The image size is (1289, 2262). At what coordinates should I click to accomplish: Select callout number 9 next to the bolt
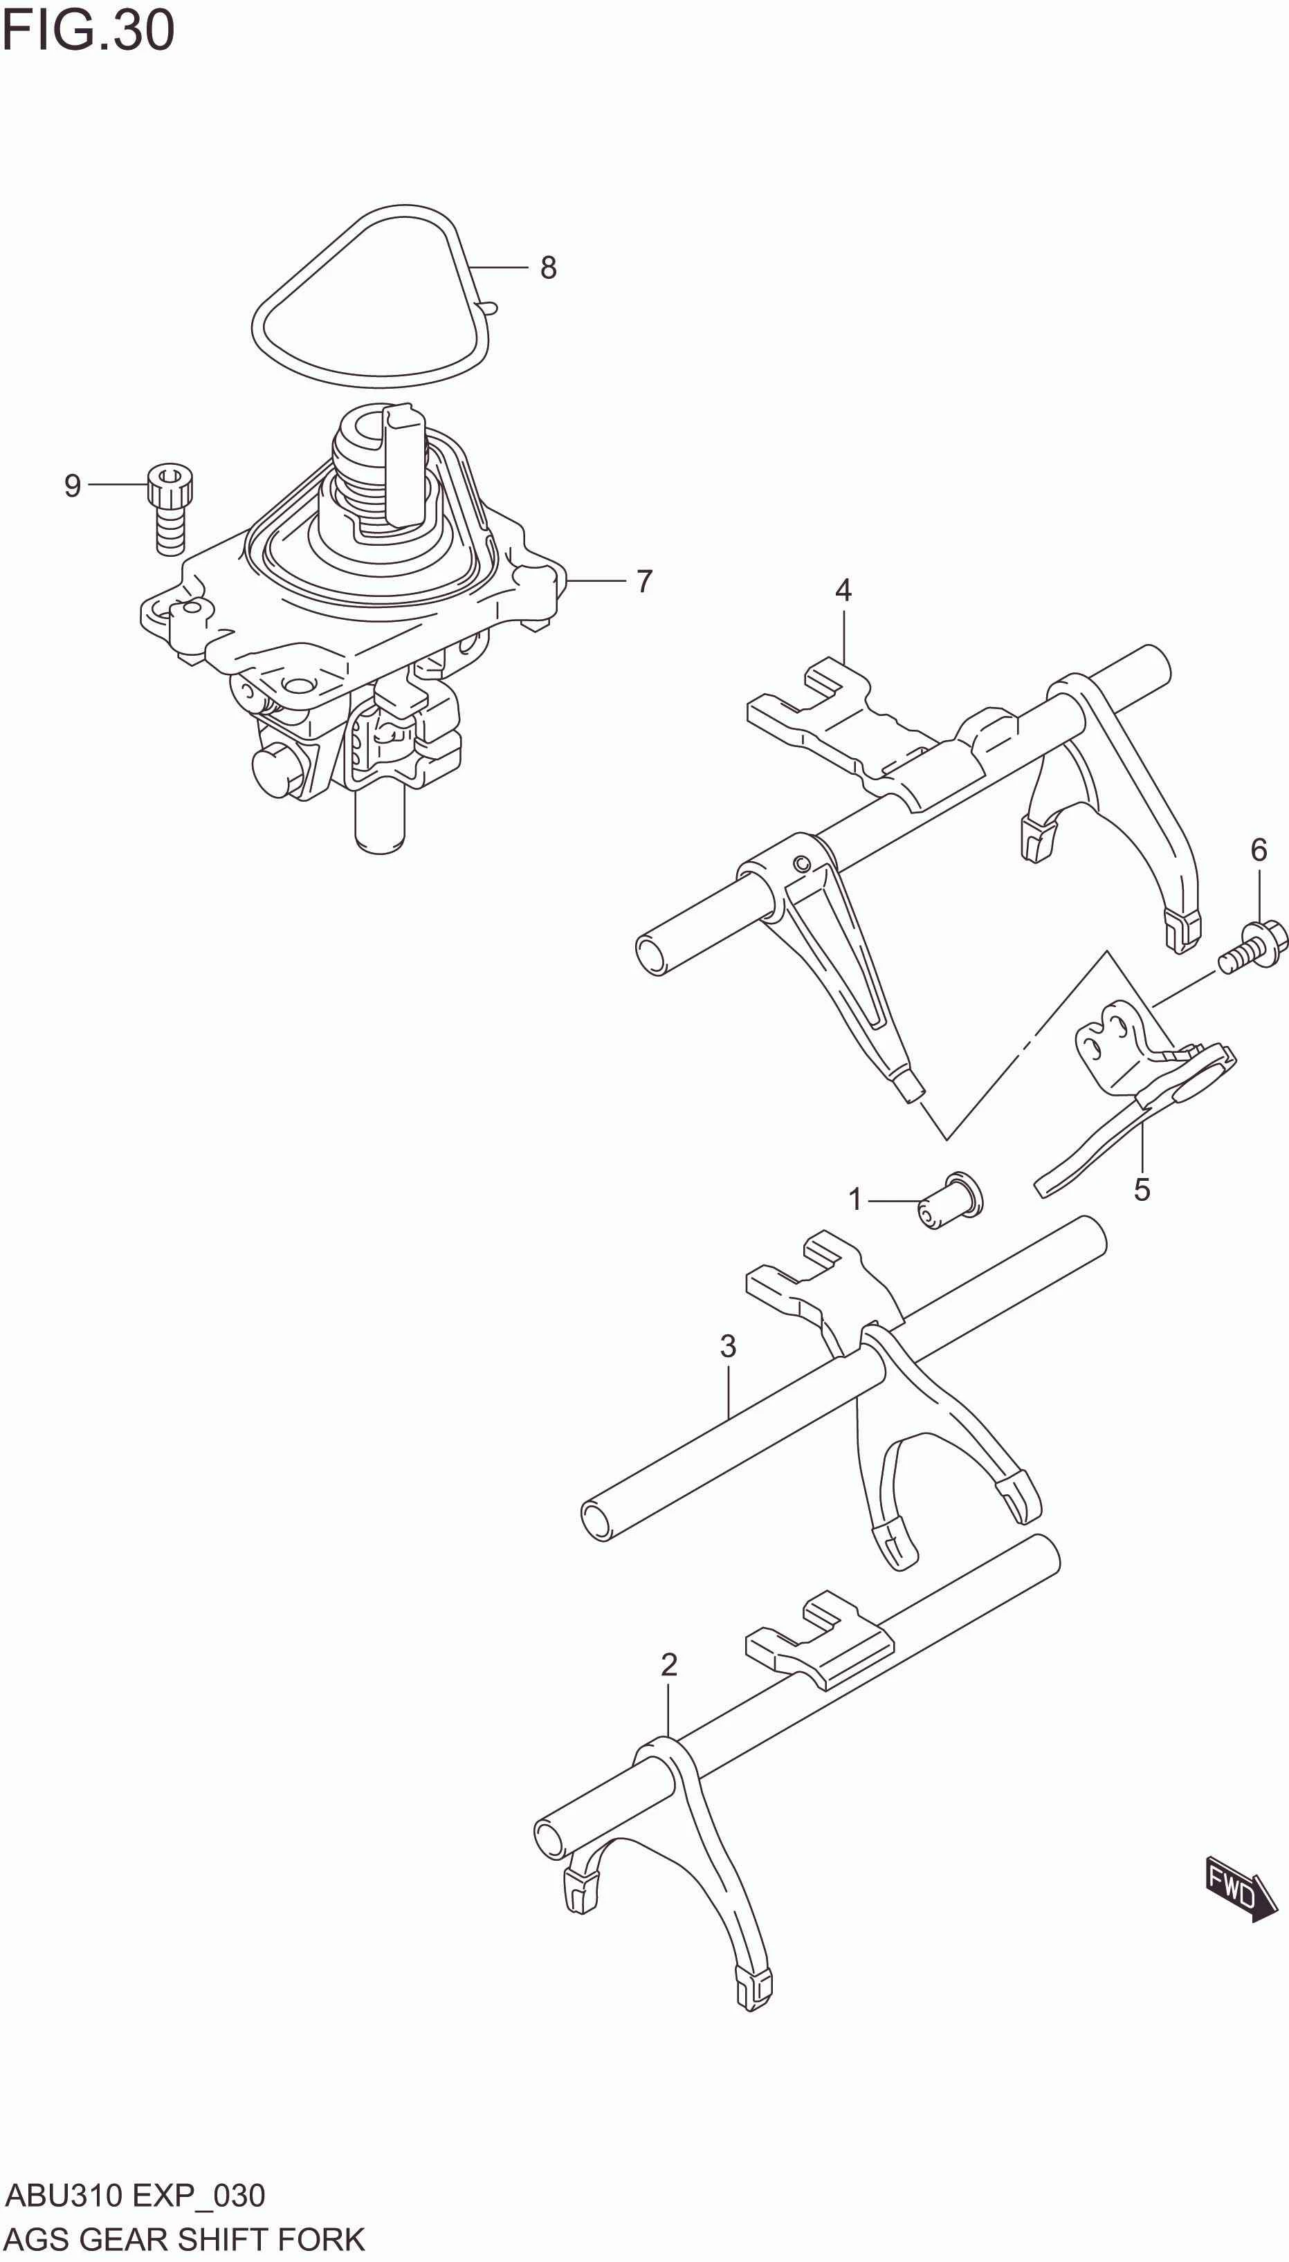tap(73, 485)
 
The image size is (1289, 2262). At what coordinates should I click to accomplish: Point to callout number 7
tap(645, 582)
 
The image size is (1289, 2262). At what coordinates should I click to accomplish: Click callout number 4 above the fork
tap(843, 590)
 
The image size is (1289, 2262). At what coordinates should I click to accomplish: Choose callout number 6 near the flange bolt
tap(1258, 849)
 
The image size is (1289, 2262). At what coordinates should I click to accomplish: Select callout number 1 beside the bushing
tap(854, 1200)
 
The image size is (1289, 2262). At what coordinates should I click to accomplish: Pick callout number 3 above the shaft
tap(728, 1346)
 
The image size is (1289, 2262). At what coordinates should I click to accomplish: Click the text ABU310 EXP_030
tap(134, 2196)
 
